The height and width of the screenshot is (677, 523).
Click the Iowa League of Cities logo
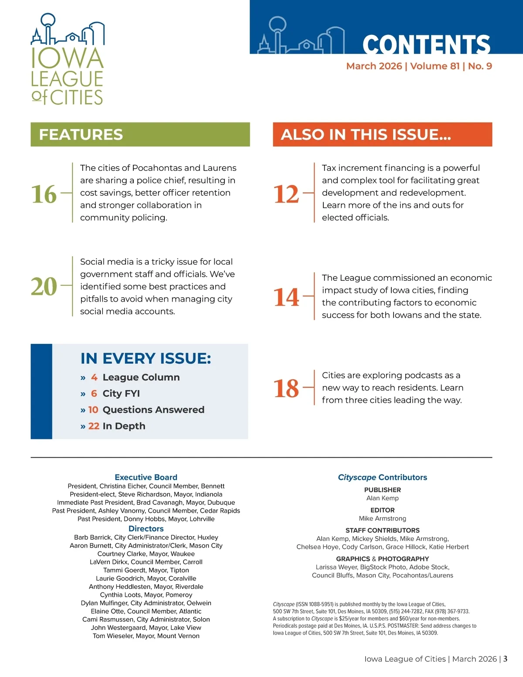tap(68, 60)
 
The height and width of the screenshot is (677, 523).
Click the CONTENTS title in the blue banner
tap(426, 44)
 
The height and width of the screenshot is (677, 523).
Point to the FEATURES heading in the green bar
tap(81, 134)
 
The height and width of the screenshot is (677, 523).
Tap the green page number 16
tap(44, 194)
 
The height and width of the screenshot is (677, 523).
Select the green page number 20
tap(44, 286)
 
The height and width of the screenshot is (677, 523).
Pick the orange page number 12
tap(286, 194)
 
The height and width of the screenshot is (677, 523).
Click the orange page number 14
tap(286, 297)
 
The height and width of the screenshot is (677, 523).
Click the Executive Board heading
tap(146, 477)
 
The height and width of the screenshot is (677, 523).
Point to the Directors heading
tap(146, 529)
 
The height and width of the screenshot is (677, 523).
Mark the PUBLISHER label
tap(383, 490)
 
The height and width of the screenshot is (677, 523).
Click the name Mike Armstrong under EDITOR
tap(383, 518)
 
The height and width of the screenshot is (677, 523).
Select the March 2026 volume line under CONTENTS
tap(419, 66)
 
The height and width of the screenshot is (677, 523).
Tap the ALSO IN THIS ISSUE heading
tap(366, 134)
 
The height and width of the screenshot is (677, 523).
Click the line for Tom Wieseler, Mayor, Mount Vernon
tap(146, 636)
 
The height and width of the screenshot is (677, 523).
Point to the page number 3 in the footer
tap(505, 659)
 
